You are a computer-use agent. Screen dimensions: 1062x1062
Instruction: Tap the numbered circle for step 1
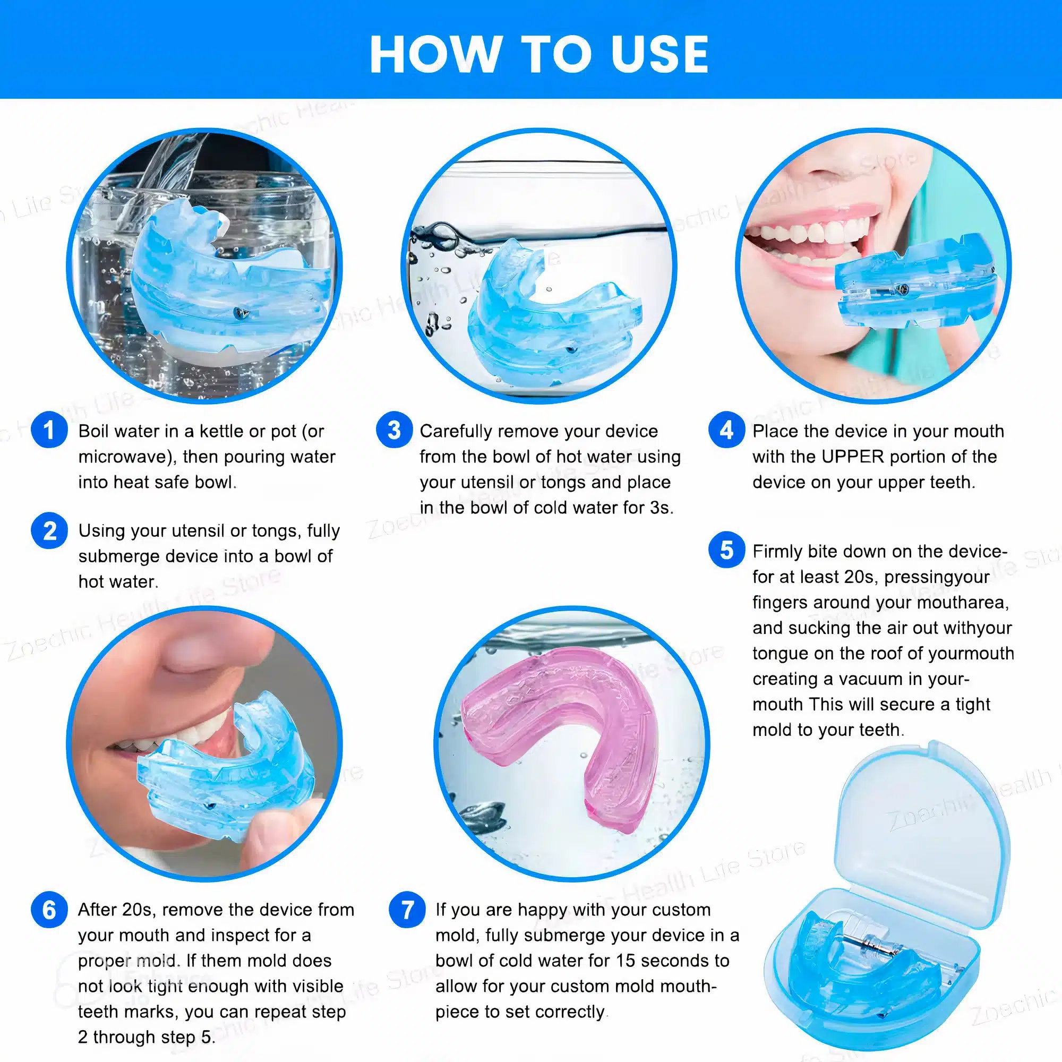click(x=49, y=430)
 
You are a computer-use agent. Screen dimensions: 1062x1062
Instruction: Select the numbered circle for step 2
click(x=49, y=531)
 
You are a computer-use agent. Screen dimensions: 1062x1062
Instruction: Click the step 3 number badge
click(x=394, y=430)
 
